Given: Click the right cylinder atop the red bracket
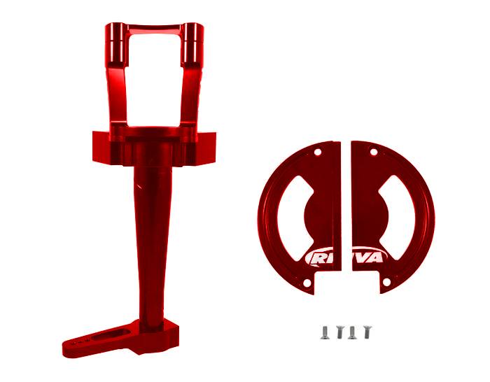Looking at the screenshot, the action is tap(192, 44).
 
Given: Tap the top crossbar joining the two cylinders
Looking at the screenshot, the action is tap(155, 29).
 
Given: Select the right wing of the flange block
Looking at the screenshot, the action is tap(207, 148).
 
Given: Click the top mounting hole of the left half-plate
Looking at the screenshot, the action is tap(318, 152).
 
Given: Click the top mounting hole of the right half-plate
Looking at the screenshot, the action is tap(373, 152).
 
